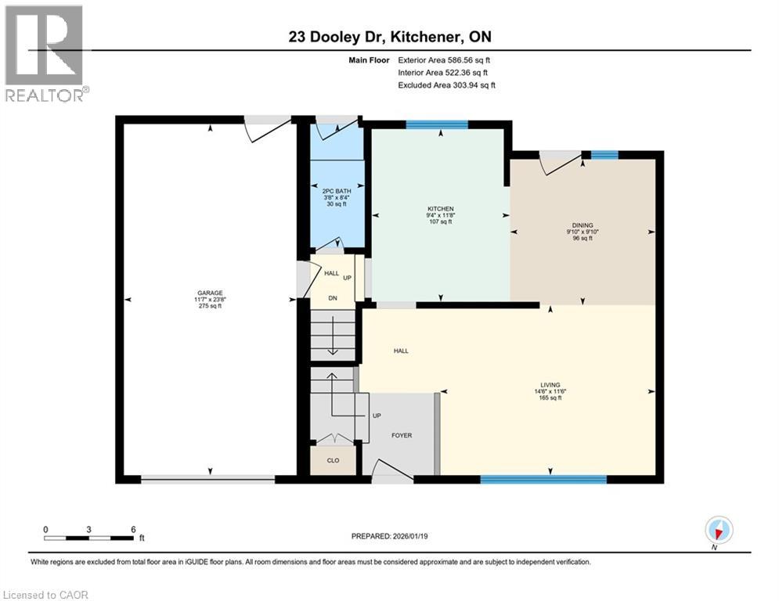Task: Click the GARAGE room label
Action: [x=209, y=293]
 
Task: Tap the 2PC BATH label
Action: [x=336, y=190]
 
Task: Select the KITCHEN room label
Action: [x=441, y=209]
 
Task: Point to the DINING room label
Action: [x=582, y=225]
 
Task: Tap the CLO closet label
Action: [x=333, y=460]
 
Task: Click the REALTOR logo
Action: [x=45, y=53]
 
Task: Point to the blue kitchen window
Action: [x=436, y=124]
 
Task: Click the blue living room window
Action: [x=543, y=478]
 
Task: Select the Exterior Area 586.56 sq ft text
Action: [x=444, y=59]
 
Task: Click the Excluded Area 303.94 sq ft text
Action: [x=446, y=85]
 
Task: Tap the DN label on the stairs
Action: [x=332, y=297]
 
